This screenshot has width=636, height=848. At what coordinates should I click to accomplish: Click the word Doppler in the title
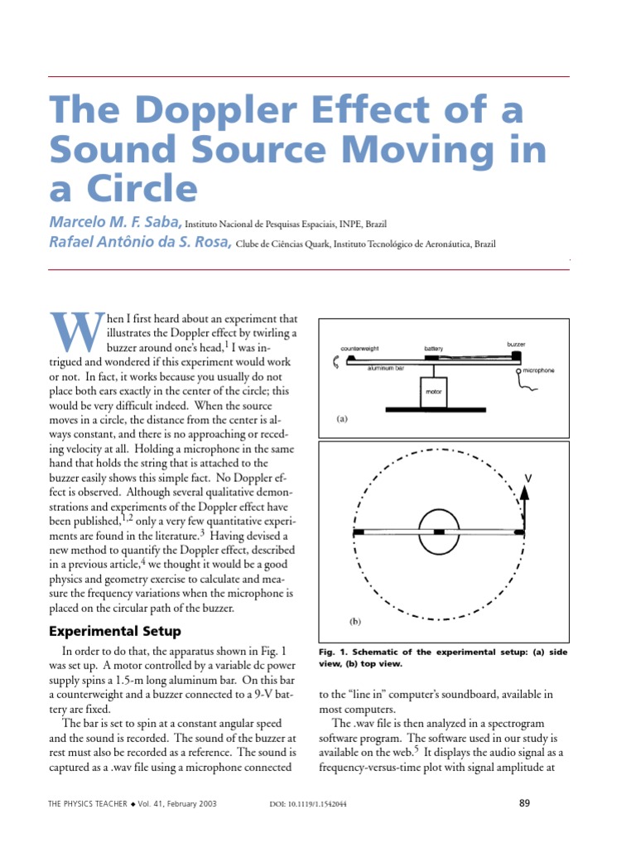click(214, 112)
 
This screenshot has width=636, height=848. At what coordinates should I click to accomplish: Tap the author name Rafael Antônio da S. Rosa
click(140, 243)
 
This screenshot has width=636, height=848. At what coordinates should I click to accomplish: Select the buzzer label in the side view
click(517, 343)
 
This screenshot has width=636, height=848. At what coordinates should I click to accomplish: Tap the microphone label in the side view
click(537, 370)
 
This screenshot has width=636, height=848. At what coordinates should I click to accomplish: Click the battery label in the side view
click(434, 349)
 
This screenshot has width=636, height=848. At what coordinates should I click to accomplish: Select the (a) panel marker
click(341, 419)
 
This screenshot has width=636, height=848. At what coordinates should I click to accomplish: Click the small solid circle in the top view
click(439, 531)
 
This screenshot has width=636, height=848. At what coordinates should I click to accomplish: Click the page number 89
click(523, 802)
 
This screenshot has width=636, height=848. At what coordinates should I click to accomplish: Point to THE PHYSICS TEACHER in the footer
click(87, 804)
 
